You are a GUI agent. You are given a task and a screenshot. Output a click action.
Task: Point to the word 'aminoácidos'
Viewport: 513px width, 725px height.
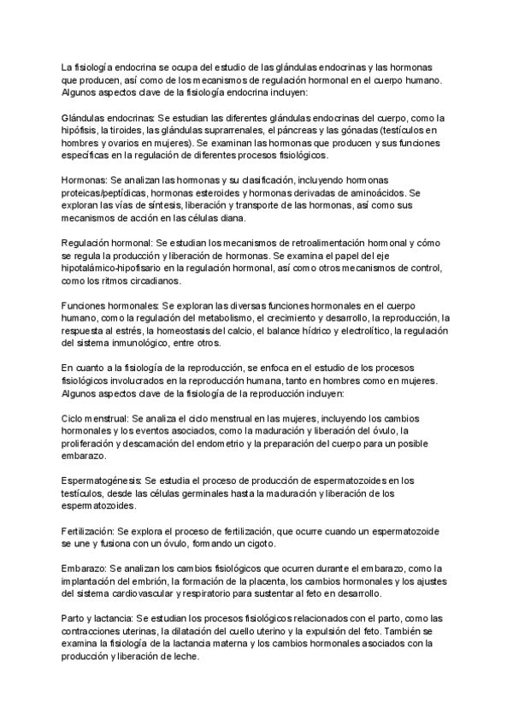[377, 193]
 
